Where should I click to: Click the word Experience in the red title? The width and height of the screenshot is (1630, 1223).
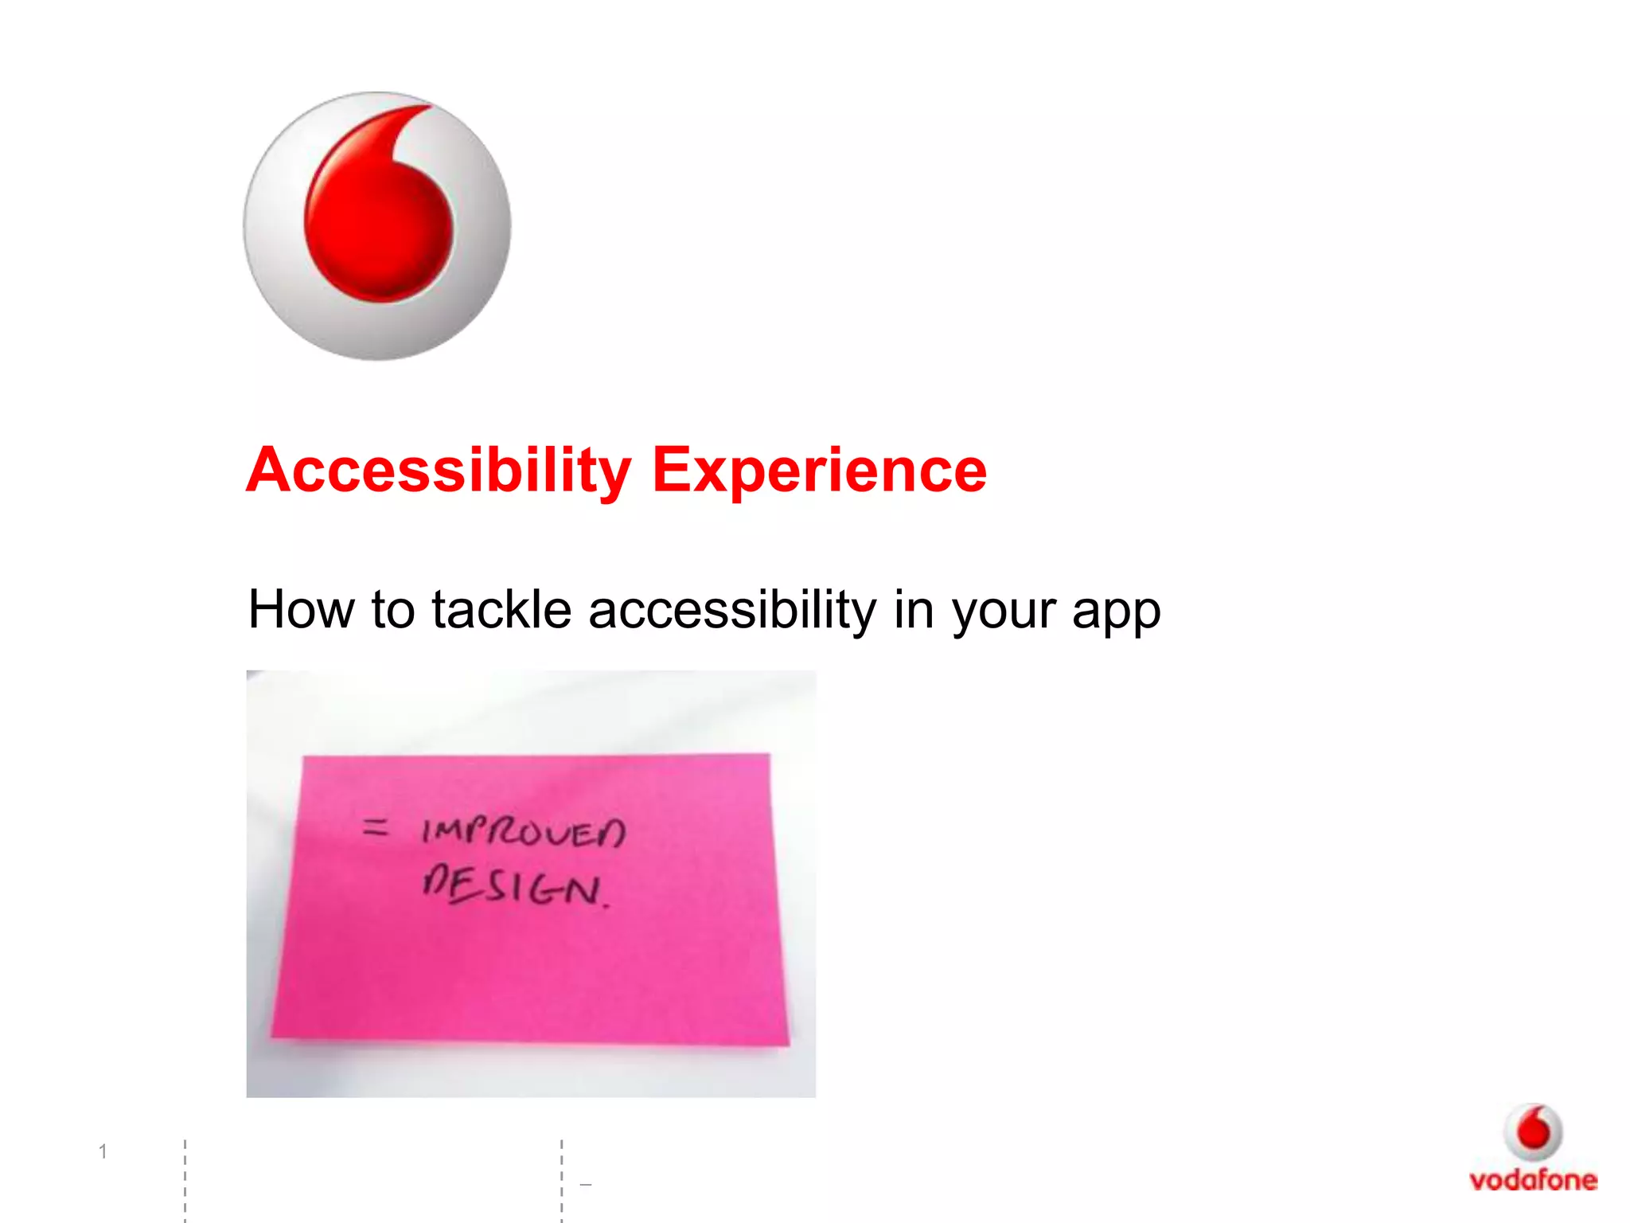pos(819,471)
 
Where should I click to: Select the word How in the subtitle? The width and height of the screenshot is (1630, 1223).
pos(300,610)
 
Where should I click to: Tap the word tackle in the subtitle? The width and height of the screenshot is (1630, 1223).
pos(501,610)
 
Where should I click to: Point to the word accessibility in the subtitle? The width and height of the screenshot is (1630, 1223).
pos(731,610)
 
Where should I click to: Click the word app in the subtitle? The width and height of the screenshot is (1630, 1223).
pos(1116,613)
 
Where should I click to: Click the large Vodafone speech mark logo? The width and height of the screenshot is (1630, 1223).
pos(377,226)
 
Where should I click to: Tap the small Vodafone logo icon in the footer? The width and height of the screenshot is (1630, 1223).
pos(1533,1131)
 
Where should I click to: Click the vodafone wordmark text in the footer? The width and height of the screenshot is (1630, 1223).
pos(1533,1180)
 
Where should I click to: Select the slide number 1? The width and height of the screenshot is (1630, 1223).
pos(103,1151)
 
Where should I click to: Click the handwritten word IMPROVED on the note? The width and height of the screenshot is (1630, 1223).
pos(524,833)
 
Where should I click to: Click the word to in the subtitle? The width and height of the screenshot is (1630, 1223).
pos(392,610)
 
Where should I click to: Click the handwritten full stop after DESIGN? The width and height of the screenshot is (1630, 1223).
pos(607,906)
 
